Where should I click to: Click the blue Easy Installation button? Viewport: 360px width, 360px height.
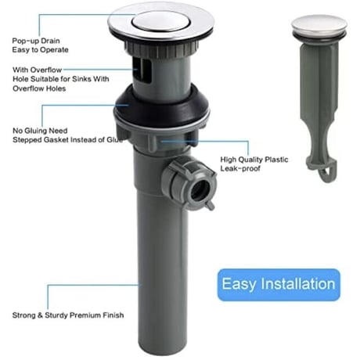(x=279, y=285)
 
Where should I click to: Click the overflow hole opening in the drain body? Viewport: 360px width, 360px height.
(x=140, y=69)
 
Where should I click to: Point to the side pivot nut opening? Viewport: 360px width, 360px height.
(x=200, y=190)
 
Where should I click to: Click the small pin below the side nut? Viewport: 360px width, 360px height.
(x=210, y=205)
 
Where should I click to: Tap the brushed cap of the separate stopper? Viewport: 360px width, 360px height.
(x=319, y=25)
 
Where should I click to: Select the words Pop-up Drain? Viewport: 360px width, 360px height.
(x=36, y=41)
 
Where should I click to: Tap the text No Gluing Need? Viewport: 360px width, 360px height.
(x=40, y=131)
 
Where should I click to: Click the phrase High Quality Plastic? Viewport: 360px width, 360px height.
(x=254, y=160)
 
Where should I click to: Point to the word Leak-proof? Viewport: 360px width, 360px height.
(x=240, y=168)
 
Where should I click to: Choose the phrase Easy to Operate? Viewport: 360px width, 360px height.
(x=40, y=50)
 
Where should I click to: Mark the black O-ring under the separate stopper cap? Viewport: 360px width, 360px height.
(x=319, y=36)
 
